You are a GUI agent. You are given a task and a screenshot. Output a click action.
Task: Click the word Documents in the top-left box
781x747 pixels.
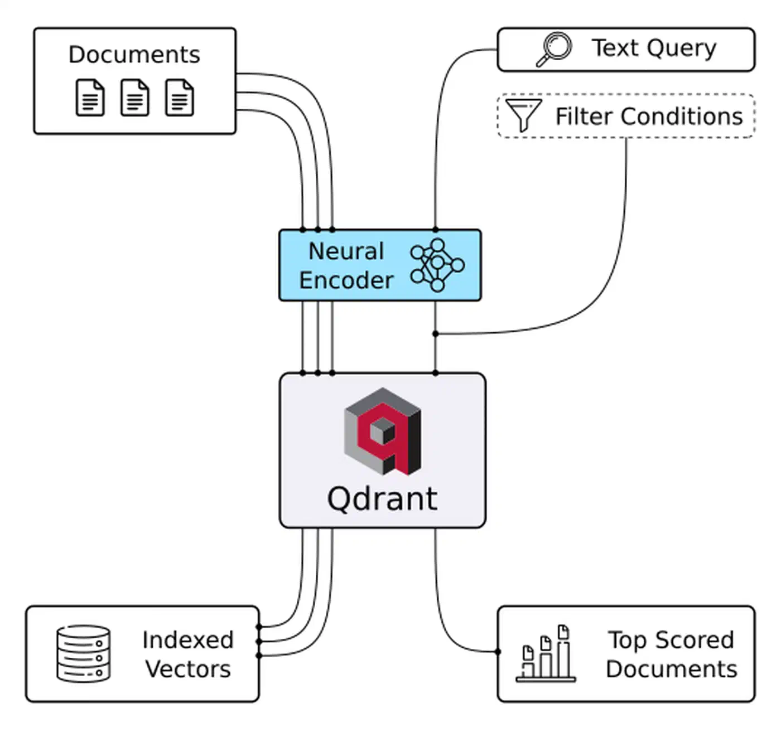point(134,55)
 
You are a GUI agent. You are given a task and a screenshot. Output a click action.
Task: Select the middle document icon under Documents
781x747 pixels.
point(135,98)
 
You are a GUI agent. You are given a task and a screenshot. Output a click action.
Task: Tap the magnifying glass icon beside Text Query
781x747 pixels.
point(554,50)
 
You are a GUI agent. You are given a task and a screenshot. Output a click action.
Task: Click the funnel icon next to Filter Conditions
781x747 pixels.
point(523,115)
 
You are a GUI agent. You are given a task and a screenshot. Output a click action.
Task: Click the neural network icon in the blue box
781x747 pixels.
point(437,265)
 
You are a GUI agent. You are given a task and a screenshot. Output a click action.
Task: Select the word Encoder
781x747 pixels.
point(346,280)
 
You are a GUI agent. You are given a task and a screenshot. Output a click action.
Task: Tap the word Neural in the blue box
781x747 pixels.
point(346,251)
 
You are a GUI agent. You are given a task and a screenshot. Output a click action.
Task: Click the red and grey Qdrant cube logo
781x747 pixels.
point(383,431)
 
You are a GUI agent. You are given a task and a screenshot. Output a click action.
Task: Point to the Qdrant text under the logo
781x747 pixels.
point(382,498)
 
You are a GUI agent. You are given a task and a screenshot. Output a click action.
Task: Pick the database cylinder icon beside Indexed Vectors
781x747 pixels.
point(83,653)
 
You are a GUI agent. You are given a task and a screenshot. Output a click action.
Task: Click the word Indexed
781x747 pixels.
point(187,640)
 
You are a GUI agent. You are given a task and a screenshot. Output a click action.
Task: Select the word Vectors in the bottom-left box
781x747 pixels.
point(188,669)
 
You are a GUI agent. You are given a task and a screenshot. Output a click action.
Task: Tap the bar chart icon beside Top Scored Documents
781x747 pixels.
point(546,654)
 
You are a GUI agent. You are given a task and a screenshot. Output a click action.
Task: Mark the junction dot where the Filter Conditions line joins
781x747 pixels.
point(435,334)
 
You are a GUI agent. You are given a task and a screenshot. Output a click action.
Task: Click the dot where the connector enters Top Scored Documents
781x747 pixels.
point(498,651)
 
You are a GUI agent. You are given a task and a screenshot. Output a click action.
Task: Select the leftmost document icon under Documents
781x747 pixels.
point(90,98)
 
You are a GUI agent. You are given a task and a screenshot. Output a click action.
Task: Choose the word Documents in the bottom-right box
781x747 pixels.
point(671,669)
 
